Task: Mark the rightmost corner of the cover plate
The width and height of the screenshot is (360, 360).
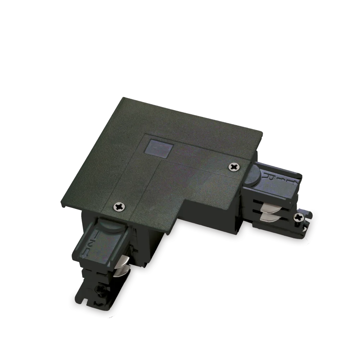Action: pos(263,136)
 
